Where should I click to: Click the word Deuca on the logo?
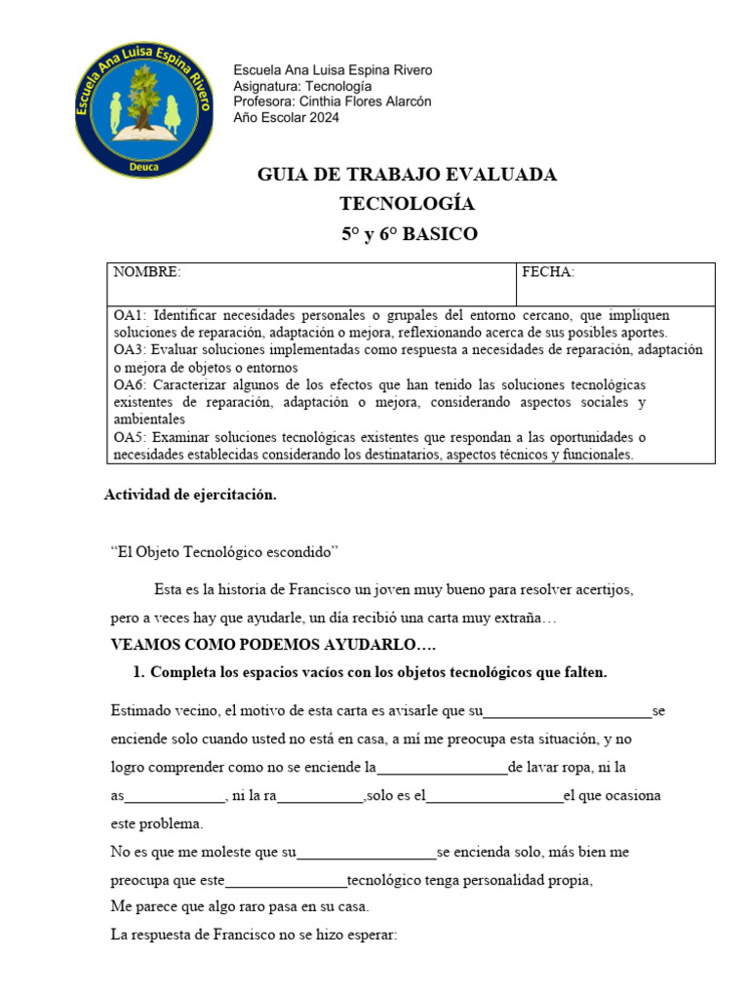144,166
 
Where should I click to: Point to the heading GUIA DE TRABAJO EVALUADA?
407,175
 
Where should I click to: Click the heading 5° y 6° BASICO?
409,234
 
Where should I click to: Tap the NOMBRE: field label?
147,273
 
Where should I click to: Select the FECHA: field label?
548,273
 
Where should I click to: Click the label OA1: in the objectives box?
130,316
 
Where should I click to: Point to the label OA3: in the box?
130,350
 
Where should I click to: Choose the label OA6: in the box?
130,384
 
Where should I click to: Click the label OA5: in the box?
130,437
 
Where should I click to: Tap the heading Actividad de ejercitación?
190,495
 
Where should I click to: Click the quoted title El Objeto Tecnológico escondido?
224,552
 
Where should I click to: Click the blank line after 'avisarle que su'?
568,712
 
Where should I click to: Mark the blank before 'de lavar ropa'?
442,768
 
